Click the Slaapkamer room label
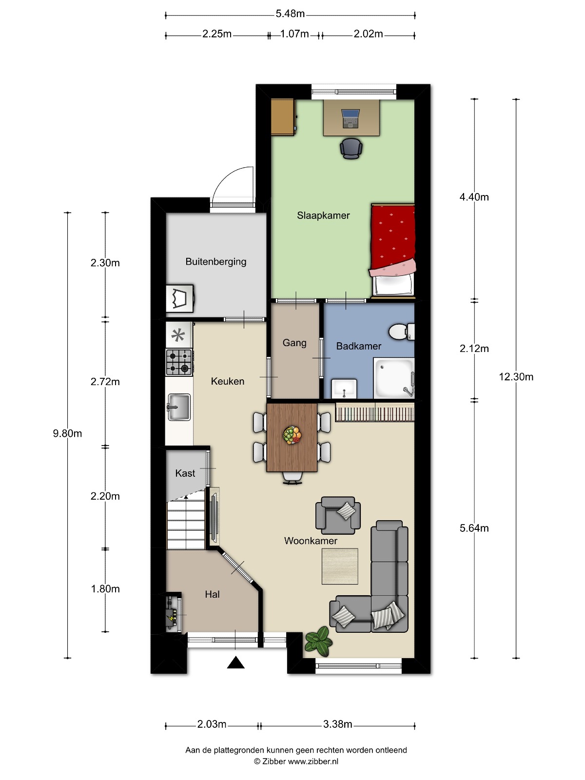pyautogui.click(x=323, y=215)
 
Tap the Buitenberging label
pyautogui.click(x=216, y=261)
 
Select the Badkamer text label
pyautogui.click(x=359, y=346)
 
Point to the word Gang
pyautogui.click(x=294, y=343)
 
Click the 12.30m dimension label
pyautogui.click(x=516, y=377)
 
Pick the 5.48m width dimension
pyautogui.click(x=290, y=14)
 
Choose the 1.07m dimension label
pyautogui.click(x=294, y=34)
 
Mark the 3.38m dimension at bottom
pyautogui.click(x=337, y=724)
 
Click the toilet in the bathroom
pyautogui.click(x=402, y=331)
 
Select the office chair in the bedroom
pyautogui.click(x=351, y=148)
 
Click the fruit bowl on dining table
pyautogui.click(x=292, y=435)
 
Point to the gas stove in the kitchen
pyautogui.click(x=179, y=363)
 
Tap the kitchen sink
pyautogui.click(x=178, y=407)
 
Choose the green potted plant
pyautogui.click(x=319, y=641)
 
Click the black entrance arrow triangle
pyautogui.click(x=235, y=663)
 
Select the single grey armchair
pyautogui.click(x=338, y=515)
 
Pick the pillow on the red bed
pyautogui.click(x=393, y=284)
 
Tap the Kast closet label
pyautogui.click(x=185, y=473)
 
